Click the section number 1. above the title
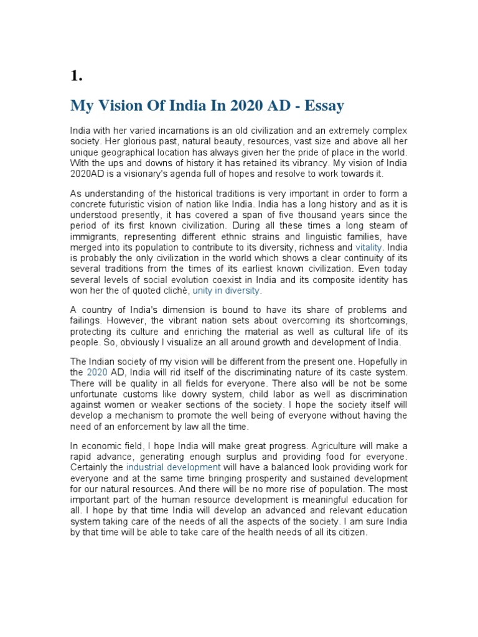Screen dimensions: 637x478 [77, 77]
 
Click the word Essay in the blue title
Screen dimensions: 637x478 [323, 106]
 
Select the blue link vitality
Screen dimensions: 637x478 [369, 247]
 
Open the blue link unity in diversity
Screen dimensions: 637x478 [227, 291]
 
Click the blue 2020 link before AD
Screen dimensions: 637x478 [97, 372]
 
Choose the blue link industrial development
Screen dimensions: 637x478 [173, 467]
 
